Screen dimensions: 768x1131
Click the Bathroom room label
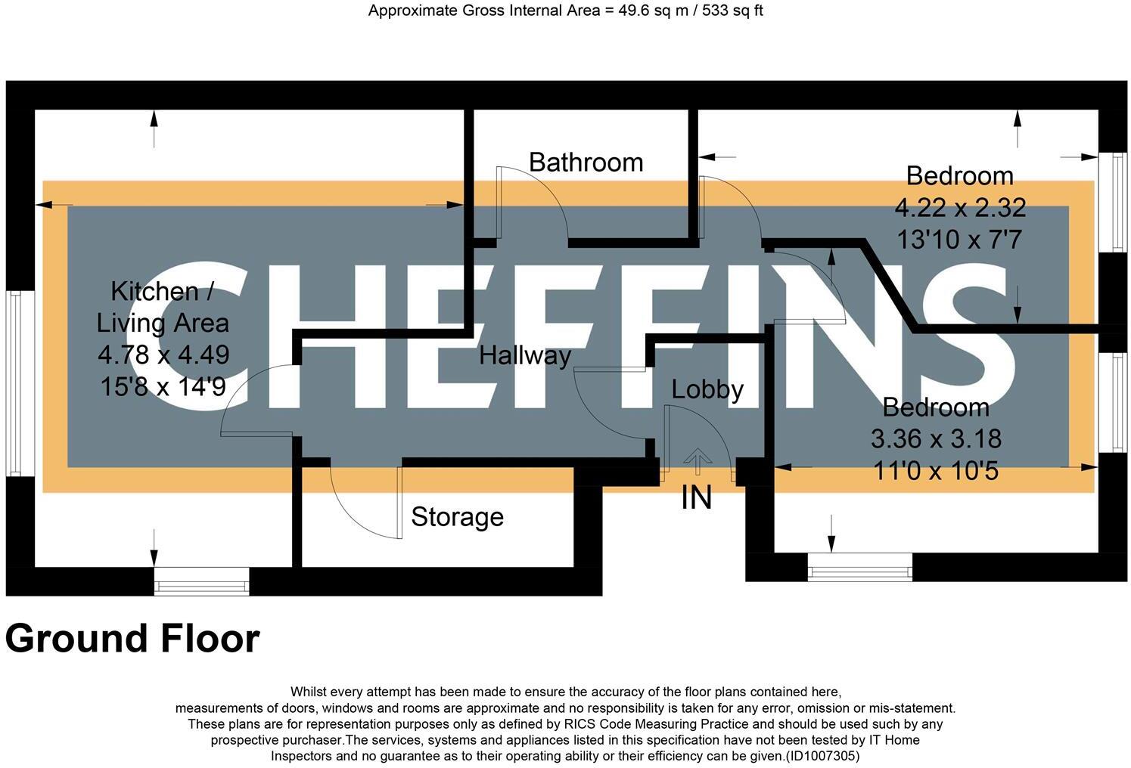(586, 163)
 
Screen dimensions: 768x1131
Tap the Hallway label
(524, 355)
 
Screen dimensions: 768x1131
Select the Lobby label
(707, 389)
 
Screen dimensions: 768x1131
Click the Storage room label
(457, 517)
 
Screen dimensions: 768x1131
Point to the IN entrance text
(697, 498)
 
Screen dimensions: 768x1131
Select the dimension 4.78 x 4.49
(163, 354)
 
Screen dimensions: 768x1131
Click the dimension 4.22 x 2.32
(959, 207)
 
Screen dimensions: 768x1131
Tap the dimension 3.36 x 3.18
(936, 438)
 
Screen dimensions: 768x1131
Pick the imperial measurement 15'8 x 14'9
(163, 386)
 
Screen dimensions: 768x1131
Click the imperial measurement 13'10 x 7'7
(959, 240)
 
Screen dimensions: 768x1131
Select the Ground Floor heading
(132, 639)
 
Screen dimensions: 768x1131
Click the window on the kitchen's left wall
(14, 383)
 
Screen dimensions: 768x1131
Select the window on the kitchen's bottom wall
(201, 581)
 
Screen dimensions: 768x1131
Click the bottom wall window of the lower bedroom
(859, 567)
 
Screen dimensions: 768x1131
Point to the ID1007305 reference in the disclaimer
(822, 756)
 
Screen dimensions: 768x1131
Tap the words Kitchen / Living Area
(163, 307)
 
